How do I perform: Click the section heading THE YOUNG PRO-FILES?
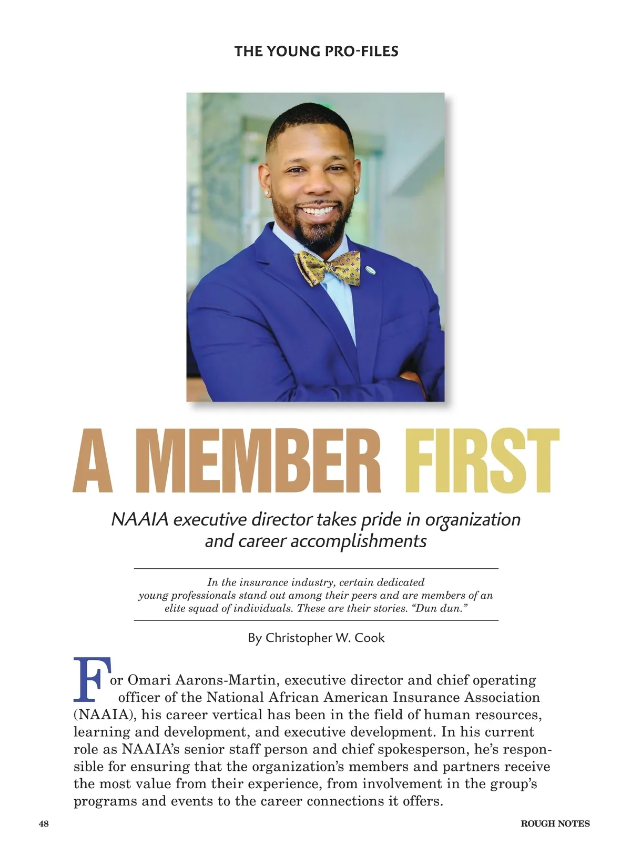[316, 52]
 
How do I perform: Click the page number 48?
[44, 823]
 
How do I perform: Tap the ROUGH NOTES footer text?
[555, 823]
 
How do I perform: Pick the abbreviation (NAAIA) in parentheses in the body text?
[105, 715]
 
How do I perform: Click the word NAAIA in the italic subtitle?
[140, 519]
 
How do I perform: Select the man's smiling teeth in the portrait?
[318, 210]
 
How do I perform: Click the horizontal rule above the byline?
[316, 621]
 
